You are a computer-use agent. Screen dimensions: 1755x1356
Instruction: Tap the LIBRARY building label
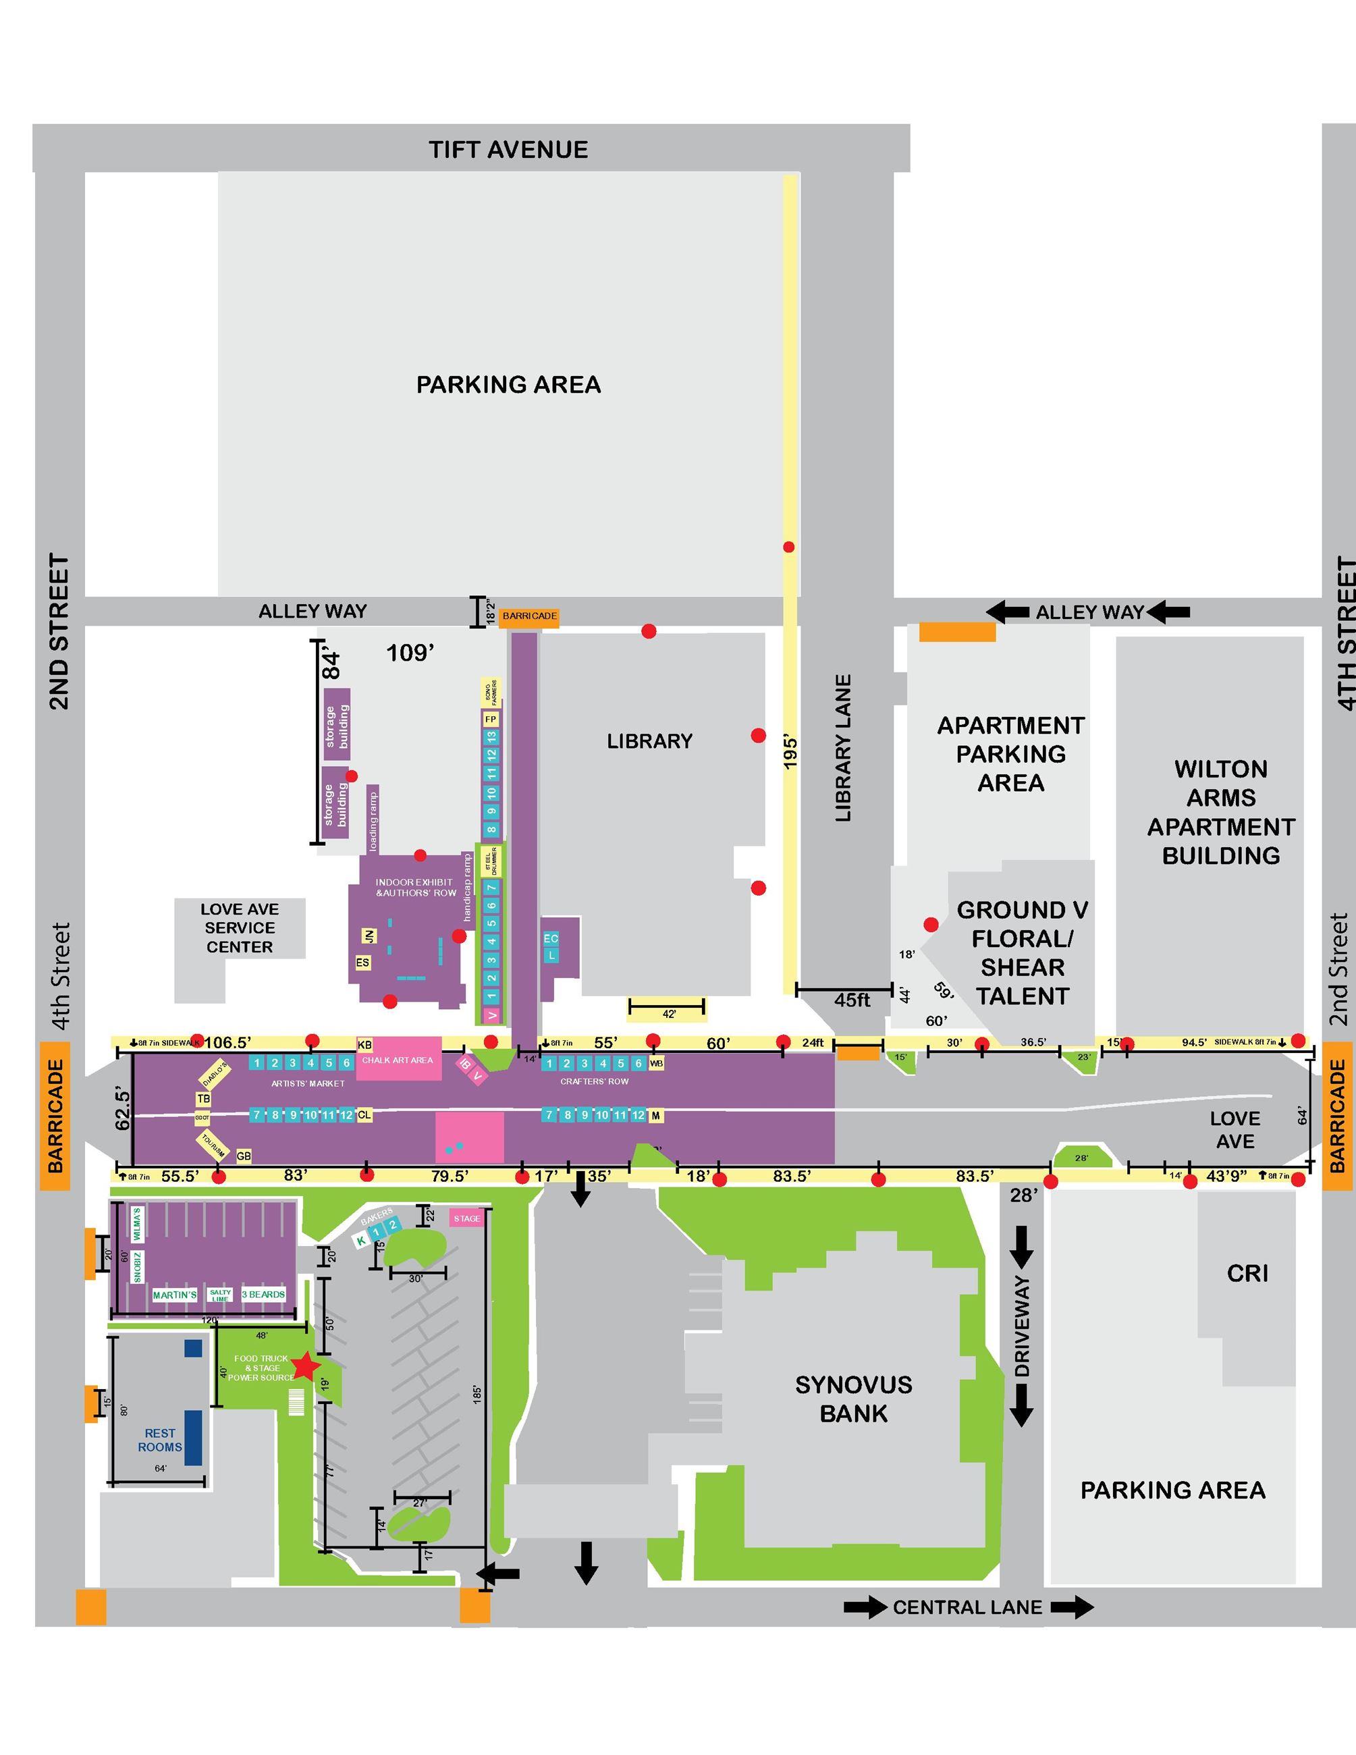[x=649, y=741]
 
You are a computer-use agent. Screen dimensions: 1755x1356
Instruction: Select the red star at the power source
[x=305, y=1366]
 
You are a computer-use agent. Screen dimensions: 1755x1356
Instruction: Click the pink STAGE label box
[x=466, y=1218]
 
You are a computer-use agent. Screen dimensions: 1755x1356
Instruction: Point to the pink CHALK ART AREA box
[x=398, y=1059]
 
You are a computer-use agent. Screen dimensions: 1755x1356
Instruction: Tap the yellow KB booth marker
[x=364, y=1045]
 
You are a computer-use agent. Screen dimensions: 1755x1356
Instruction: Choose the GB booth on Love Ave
[x=244, y=1156]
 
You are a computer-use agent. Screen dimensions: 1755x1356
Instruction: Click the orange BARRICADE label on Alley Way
[x=529, y=616]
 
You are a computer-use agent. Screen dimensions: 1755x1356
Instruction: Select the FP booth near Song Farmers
[x=491, y=719]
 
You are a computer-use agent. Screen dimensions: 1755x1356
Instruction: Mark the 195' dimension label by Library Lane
[x=790, y=752]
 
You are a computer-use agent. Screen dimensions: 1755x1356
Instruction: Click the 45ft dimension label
[x=852, y=1000]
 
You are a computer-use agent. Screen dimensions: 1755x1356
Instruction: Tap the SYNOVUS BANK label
[x=853, y=1398]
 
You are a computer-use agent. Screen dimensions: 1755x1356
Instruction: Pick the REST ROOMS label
[x=160, y=1440]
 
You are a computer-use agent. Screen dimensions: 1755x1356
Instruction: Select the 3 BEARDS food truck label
[x=263, y=1295]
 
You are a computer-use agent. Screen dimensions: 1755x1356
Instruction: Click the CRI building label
[x=1247, y=1274]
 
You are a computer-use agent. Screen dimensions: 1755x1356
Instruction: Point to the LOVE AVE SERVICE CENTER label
[x=240, y=927]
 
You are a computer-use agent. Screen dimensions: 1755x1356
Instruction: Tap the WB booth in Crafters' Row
[x=656, y=1063]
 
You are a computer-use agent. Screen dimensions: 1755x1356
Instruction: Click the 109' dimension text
[x=410, y=653]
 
